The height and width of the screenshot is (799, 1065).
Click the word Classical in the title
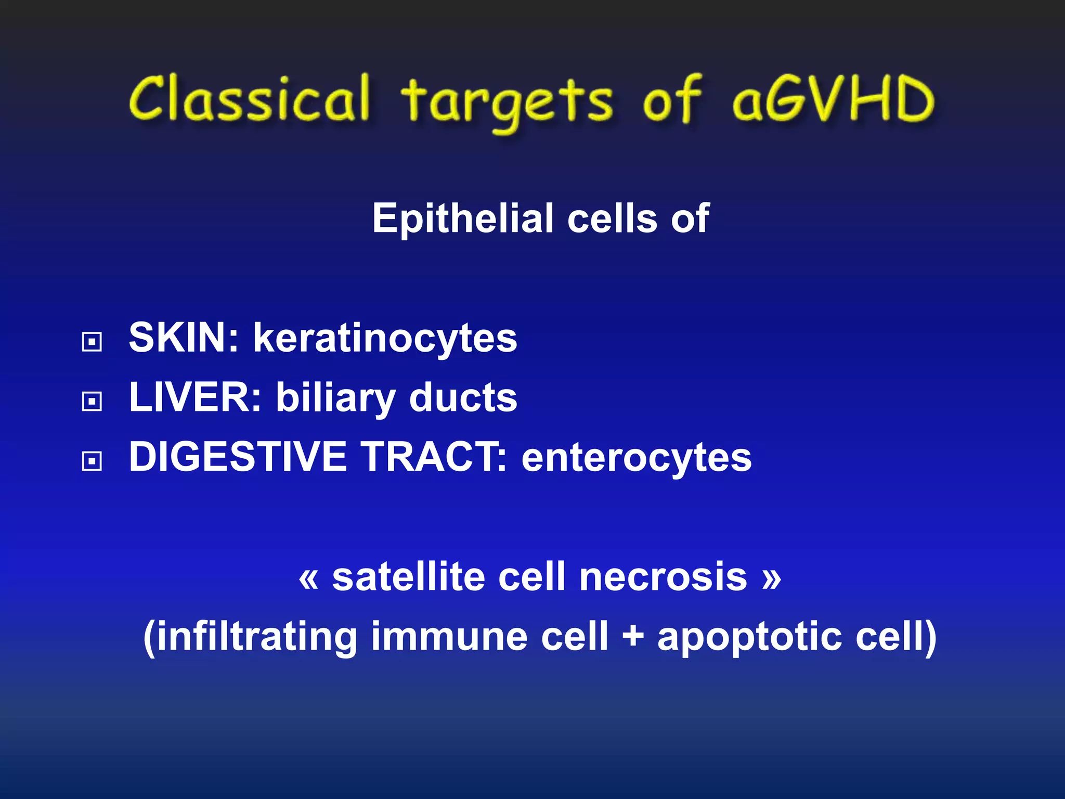[250, 99]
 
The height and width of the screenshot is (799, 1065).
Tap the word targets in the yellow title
[507, 101]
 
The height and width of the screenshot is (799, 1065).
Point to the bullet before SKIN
[92, 342]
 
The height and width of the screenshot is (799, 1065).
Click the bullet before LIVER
[92, 401]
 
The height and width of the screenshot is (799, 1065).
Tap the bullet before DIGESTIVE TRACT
[92, 460]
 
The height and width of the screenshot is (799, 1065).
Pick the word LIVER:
[195, 397]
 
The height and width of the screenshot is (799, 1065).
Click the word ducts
[463, 397]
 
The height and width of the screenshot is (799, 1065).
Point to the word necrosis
[663, 577]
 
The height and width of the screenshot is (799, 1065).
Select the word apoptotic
[749, 638]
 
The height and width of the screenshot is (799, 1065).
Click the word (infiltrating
[250, 637]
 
